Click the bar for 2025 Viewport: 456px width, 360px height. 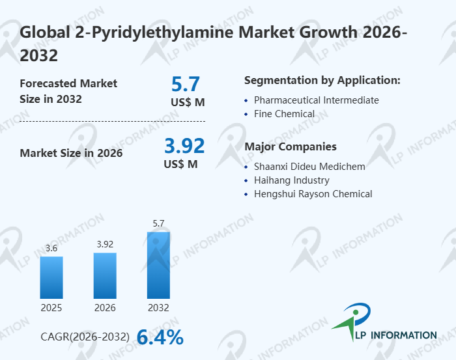click(51, 277)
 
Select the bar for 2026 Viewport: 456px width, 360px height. click(105, 275)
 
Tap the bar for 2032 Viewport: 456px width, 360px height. click(158, 265)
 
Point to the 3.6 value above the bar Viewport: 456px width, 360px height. click(51, 249)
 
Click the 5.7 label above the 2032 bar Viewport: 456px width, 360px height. click(158, 224)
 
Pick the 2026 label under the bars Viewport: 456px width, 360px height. click(105, 307)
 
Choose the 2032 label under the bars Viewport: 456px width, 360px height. click(158, 307)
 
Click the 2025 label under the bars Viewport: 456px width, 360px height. click(51, 307)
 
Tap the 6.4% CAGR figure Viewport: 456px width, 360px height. click(160, 337)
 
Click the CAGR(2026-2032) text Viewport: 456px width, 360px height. click(85, 337)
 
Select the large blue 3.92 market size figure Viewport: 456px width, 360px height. click(184, 145)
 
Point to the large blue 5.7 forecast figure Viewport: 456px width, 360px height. click(186, 84)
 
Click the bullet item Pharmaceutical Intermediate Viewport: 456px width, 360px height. click(316, 100)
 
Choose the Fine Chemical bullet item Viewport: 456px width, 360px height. click(284, 114)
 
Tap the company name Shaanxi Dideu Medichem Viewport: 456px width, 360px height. click(309, 167)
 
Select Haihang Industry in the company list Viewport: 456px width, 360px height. click(291, 180)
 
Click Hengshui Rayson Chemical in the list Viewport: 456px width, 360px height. click(313, 194)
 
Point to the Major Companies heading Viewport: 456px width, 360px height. click(291, 146)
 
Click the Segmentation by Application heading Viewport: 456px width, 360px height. click(322, 81)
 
